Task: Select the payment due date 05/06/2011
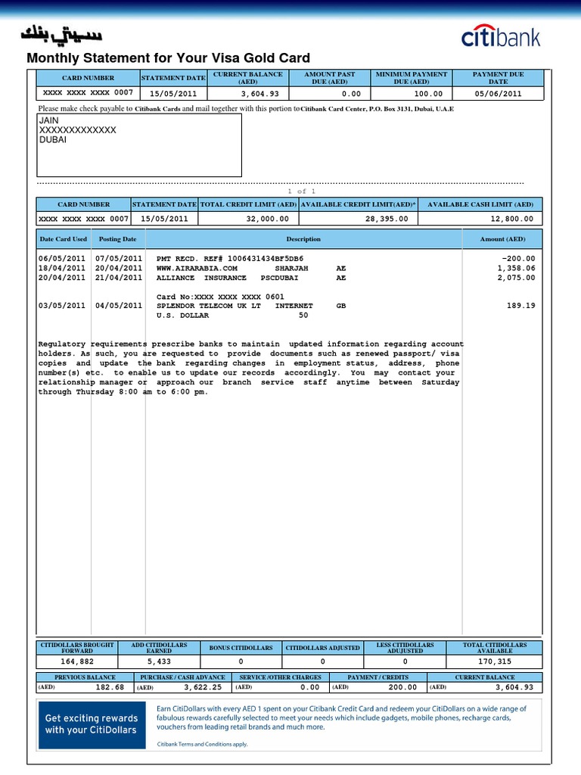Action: [x=498, y=94]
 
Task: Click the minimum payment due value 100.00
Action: [x=428, y=94]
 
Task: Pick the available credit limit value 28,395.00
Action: [x=387, y=219]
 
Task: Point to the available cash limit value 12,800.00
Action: [x=512, y=219]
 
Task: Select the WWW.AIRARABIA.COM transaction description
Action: [x=197, y=268]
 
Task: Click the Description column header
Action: [x=303, y=239]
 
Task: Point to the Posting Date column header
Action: [x=117, y=239]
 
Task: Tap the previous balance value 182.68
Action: [x=110, y=687]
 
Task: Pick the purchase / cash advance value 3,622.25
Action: [x=202, y=687]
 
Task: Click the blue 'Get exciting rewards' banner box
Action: [x=92, y=724]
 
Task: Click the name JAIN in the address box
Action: [x=48, y=120]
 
